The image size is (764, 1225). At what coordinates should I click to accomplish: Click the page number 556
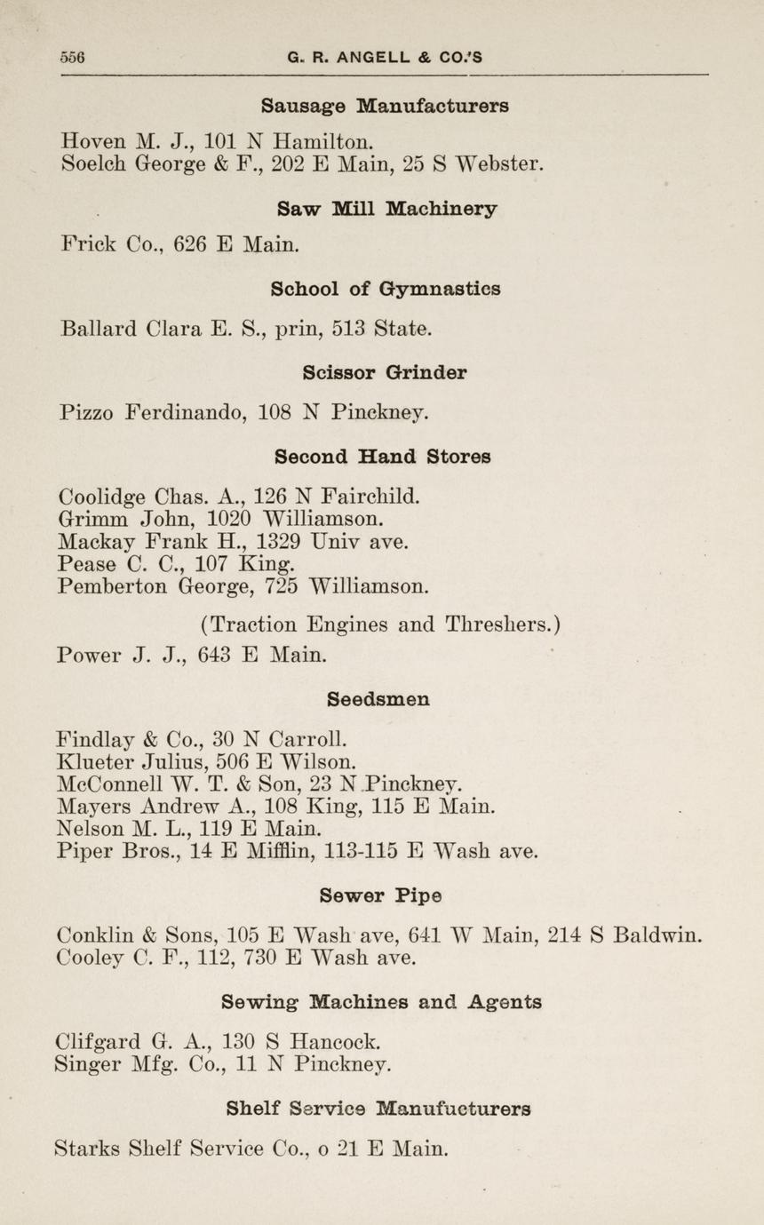[72, 58]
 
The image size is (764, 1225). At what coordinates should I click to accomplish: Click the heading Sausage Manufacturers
[385, 106]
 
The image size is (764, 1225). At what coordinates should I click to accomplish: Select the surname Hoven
[92, 140]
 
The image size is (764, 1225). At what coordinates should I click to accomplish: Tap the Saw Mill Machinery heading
[386, 209]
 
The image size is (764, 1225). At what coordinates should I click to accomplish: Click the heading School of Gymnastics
[385, 289]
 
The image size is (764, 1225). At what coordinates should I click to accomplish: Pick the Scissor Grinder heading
[385, 372]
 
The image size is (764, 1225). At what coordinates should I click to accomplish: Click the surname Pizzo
[85, 412]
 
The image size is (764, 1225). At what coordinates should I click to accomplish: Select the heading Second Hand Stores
[383, 457]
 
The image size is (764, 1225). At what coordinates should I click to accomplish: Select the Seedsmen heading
[378, 699]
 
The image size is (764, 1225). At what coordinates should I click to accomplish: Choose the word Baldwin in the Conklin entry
[659, 935]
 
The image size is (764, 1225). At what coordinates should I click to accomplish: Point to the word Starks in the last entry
[87, 1148]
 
